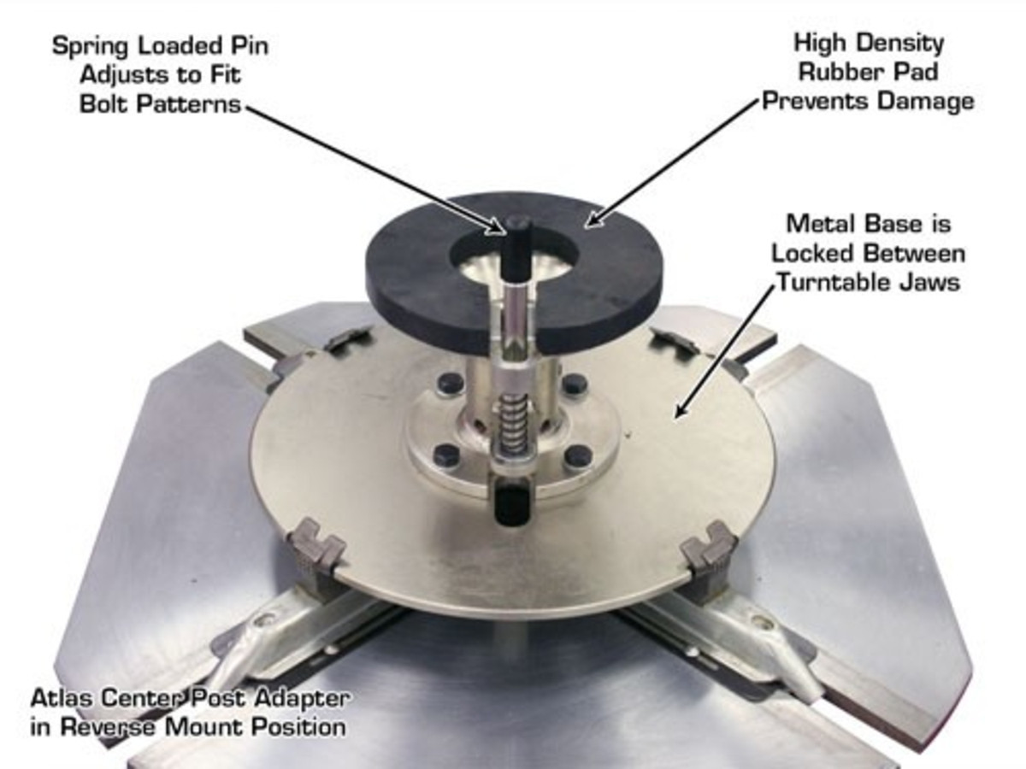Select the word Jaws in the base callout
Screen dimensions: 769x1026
coord(932,282)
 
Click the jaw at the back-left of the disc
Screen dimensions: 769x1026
coord(351,339)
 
